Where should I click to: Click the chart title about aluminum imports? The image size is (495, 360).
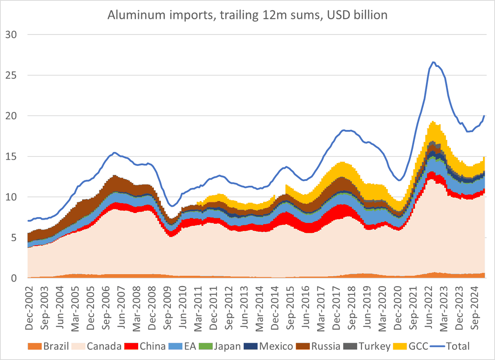point(247,15)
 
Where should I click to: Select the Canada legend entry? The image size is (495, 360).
point(99,346)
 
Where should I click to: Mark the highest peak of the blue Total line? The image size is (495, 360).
point(433,62)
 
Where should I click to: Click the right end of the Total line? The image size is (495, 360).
point(484,116)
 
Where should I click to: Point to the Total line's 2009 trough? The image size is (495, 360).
point(173,206)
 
